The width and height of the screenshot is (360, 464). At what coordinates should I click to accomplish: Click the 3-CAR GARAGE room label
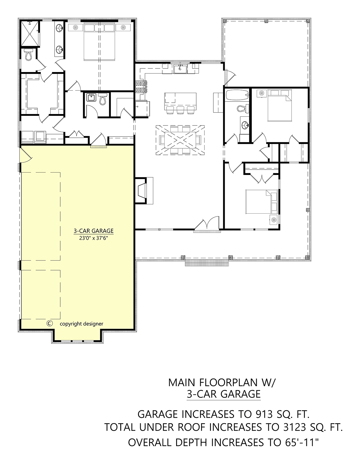[94, 231]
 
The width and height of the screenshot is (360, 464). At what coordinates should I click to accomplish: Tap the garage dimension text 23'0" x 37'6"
[94, 238]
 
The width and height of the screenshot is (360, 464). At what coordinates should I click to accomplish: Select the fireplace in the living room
[144, 191]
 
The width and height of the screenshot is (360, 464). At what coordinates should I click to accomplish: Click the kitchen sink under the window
[180, 69]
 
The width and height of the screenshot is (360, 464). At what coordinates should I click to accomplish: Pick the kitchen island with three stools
[180, 103]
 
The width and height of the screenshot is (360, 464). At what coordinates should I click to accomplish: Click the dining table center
[180, 140]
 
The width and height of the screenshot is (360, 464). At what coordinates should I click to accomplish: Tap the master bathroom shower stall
[30, 34]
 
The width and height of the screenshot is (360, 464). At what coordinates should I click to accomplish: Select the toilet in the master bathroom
[28, 54]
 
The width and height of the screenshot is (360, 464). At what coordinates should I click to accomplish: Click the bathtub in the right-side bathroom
[237, 95]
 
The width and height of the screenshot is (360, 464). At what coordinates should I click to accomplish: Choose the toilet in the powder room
[103, 99]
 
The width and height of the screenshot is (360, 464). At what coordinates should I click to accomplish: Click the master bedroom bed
[99, 42]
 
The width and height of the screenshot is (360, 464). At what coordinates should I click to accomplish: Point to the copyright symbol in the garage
[49, 323]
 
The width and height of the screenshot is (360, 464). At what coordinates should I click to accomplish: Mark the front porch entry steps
[207, 263]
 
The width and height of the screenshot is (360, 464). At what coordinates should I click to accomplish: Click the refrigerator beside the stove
[142, 109]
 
